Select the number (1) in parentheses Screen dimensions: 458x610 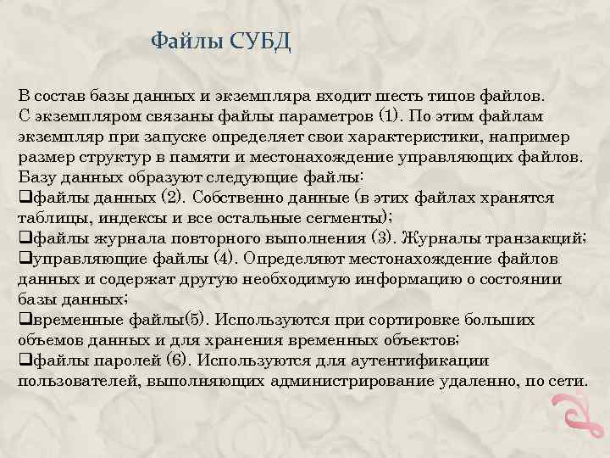pos(387,116)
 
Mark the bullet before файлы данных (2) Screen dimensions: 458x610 pos(24,198)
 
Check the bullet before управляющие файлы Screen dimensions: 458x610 pos(24,260)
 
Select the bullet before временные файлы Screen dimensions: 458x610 pos(24,321)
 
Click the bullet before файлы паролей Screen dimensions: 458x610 pos(24,361)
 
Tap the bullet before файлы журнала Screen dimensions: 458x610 pos(24,239)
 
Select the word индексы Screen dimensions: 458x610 pos(115,218)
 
